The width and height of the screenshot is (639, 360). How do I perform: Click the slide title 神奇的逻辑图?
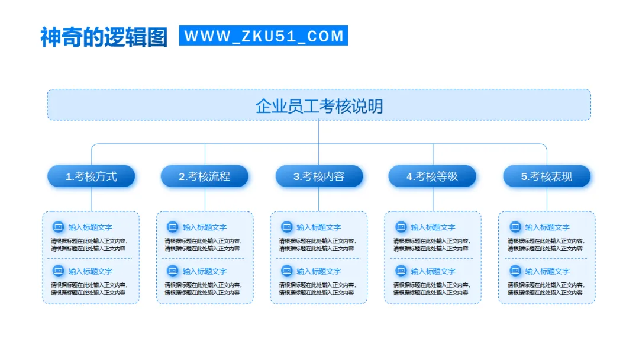click(x=104, y=37)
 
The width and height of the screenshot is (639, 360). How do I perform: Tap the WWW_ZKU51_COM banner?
click(x=263, y=36)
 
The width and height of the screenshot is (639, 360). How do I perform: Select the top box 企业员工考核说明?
click(x=319, y=105)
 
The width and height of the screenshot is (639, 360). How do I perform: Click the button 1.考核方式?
click(x=91, y=176)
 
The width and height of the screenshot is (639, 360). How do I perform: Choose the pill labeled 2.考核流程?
click(x=205, y=176)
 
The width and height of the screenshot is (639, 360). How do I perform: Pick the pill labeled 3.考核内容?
click(x=319, y=176)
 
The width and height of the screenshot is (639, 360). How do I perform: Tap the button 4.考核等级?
click(x=433, y=176)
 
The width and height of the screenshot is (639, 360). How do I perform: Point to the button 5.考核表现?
click(x=547, y=176)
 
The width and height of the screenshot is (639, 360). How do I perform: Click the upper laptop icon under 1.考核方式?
click(x=58, y=227)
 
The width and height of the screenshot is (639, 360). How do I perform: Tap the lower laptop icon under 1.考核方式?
click(x=58, y=271)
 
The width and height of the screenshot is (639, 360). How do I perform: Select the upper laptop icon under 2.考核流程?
click(x=172, y=227)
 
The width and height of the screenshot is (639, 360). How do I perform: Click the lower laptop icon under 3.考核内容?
click(x=286, y=271)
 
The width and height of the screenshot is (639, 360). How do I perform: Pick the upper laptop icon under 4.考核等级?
click(x=401, y=227)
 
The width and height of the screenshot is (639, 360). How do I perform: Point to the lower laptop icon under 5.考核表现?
click(x=515, y=271)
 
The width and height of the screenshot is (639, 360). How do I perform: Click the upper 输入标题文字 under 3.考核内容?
click(x=319, y=227)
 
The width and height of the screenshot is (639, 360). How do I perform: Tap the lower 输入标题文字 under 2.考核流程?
click(x=205, y=271)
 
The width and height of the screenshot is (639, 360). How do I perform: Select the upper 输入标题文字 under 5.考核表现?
click(x=547, y=227)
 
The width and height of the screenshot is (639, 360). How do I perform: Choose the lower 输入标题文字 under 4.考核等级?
click(x=433, y=271)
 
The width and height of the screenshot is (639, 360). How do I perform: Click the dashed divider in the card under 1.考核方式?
click(x=91, y=258)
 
